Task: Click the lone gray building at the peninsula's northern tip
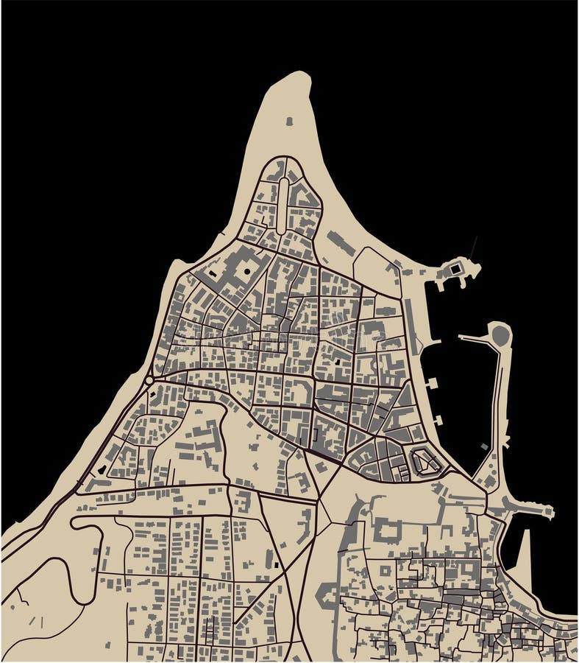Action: pos(289,121)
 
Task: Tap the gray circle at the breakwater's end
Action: pos(500,335)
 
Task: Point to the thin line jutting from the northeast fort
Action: pos(474,247)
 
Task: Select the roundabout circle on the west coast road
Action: pos(149,380)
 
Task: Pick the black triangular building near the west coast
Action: pos(102,469)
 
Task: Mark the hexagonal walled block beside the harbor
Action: pos(424,462)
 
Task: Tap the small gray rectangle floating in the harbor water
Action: pos(484,446)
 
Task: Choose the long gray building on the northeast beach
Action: pos(341,243)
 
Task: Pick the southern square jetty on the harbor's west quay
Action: pos(438,421)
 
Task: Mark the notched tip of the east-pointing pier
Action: pos(548,511)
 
